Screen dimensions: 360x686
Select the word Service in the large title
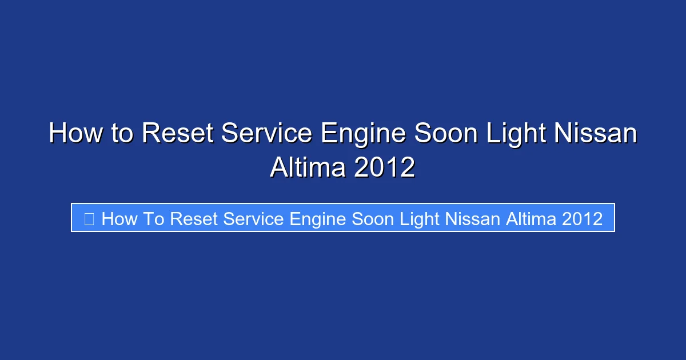266,134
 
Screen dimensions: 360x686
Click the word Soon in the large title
452,134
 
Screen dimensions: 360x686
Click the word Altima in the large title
308,167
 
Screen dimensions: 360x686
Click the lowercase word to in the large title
122,134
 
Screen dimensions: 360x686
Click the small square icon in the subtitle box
89,218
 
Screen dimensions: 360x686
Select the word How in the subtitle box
118,218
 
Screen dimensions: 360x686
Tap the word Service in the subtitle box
254,218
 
